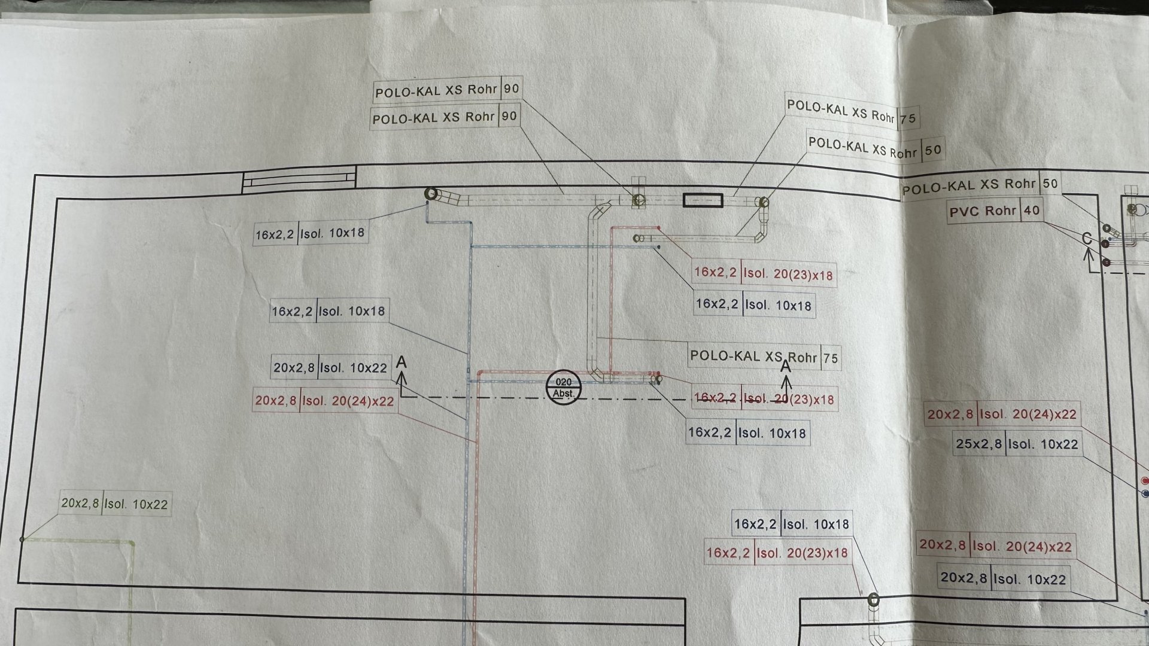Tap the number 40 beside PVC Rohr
(1032, 211)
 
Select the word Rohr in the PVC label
(999, 211)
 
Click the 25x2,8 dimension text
(978, 444)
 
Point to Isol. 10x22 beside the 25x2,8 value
(1043, 444)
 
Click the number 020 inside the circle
(564, 382)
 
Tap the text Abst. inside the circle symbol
(564, 394)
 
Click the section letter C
(1087, 239)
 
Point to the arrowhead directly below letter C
(1089, 252)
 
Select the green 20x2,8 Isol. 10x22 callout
(115, 504)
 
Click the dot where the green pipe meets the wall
(22, 539)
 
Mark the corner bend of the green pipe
(132, 543)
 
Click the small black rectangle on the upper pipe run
(703, 200)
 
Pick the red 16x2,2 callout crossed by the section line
(764, 399)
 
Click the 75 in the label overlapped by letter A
(831, 359)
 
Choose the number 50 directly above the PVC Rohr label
(1050, 184)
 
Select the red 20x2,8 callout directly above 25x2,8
(1002, 414)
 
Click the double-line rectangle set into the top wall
(299, 180)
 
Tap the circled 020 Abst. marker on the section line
(564, 388)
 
